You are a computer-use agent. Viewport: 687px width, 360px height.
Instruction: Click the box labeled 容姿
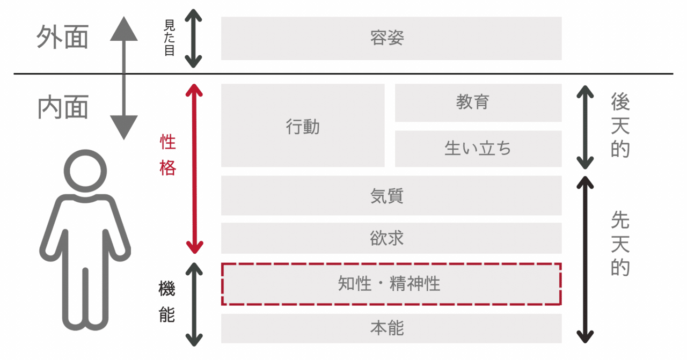point(391,38)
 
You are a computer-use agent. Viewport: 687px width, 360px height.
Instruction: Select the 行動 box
point(303,126)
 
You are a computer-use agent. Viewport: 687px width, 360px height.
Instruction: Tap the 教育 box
point(478,102)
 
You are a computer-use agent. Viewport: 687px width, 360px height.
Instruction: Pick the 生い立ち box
point(478,149)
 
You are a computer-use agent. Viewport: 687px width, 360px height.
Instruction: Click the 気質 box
point(391,195)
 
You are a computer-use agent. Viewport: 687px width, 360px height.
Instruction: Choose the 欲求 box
point(391,238)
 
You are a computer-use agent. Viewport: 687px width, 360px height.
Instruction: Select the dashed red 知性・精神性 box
point(391,284)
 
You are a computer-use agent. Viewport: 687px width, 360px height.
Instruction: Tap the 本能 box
point(391,328)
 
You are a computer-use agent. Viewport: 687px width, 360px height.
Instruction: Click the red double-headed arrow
point(194,168)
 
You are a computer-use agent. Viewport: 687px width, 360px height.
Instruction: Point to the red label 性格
point(168,155)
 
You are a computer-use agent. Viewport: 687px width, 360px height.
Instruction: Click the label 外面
point(62,38)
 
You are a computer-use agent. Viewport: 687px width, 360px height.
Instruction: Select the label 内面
point(62,107)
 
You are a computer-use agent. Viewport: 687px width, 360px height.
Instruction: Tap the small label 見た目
point(169,39)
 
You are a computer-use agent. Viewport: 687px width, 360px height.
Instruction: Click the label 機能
point(167,302)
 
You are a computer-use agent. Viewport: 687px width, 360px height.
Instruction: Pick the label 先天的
point(620,243)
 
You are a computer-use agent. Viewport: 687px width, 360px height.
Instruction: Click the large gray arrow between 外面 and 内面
point(124,78)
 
